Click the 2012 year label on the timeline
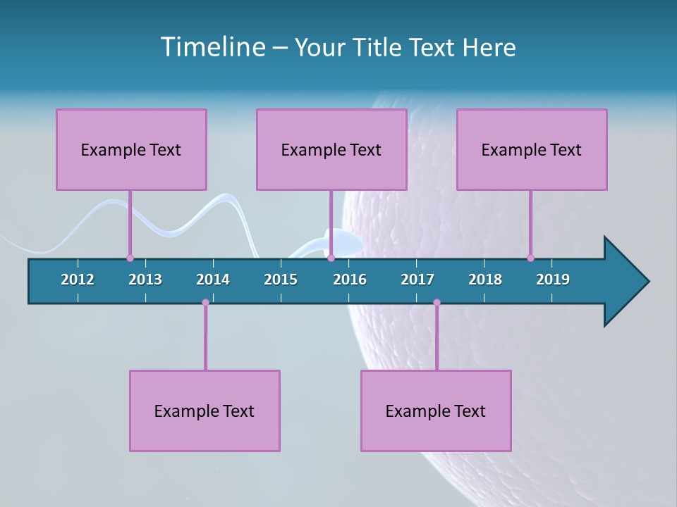click(78, 280)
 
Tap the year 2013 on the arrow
click(145, 280)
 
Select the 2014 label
click(213, 280)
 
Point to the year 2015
click(281, 280)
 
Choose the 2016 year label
click(350, 280)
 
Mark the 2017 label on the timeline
click(417, 280)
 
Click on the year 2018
click(485, 280)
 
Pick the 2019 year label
click(553, 280)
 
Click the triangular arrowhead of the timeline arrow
click(625, 282)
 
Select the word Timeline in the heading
click(213, 47)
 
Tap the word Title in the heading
click(377, 47)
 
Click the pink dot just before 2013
click(130, 258)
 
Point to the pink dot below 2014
click(205, 303)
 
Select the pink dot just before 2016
click(331, 258)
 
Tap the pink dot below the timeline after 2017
click(437, 303)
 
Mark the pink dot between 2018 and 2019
click(530, 258)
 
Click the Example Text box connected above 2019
click(532, 149)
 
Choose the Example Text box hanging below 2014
click(205, 411)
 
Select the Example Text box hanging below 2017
click(436, 411)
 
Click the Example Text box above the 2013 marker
click(131, 149)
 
